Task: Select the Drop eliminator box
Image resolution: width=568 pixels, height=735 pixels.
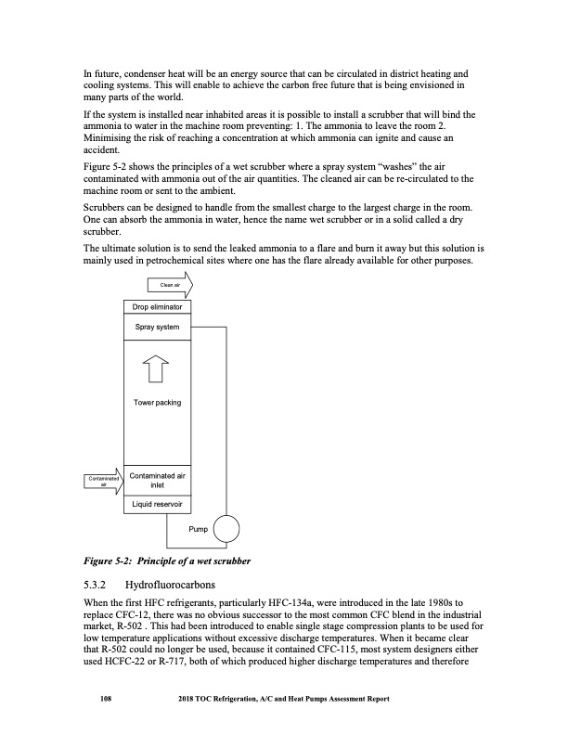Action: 155,306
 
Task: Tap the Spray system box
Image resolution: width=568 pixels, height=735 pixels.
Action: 155,328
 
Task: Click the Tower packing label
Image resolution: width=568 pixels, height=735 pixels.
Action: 155,403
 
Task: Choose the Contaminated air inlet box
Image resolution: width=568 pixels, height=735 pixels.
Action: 155,479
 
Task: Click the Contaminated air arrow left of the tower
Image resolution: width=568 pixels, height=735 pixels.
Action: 99,480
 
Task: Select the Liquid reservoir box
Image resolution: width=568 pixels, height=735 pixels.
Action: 155,506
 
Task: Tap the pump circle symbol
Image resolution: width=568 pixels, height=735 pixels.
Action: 226,530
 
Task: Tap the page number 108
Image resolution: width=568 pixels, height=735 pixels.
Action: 106,699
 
